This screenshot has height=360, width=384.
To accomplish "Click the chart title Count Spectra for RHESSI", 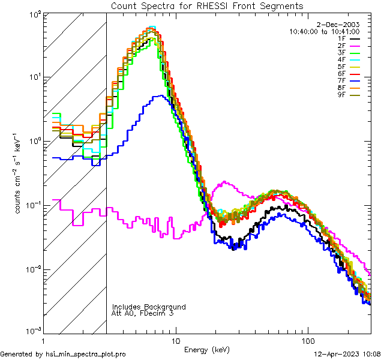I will [207, 5].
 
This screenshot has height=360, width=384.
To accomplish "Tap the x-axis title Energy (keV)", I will [207, 349].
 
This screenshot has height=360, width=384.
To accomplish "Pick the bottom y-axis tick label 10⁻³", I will [35, 332].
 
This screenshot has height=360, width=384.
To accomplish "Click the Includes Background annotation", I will [149, 307].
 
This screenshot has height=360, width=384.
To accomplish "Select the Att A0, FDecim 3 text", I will [143, 313].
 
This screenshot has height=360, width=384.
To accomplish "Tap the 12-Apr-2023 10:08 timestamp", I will [347, 354].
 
